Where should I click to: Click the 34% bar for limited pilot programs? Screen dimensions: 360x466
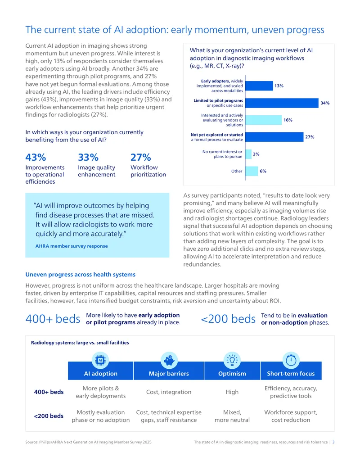point(282,103)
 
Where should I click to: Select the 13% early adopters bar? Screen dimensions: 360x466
point(259,86)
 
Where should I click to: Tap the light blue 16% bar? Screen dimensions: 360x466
point(263,120)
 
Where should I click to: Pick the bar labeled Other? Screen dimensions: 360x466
point(252,171)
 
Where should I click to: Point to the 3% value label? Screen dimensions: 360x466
point(256,154)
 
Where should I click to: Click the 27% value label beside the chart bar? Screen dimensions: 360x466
point(310,137)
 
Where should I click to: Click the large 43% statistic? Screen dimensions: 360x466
point(36,157)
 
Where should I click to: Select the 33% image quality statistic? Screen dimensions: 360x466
point(88,157)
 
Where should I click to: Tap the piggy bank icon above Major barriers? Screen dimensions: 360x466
point(169,360)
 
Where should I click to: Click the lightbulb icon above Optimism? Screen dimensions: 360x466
point(232,360)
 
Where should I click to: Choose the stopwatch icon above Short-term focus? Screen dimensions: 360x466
point(291,360)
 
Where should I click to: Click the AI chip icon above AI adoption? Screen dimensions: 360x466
point(100,360)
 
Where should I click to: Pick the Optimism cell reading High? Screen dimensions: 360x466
point(232,392)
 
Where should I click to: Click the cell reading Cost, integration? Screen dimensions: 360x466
point(169,392)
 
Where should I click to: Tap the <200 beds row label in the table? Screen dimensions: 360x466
point(49,416)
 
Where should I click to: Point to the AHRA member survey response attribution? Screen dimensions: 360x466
point(72,246)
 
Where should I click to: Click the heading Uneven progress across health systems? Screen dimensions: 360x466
point(81,275)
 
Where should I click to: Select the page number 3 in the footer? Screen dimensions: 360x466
point(333,442)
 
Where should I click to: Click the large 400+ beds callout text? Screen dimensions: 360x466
point(53,319)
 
